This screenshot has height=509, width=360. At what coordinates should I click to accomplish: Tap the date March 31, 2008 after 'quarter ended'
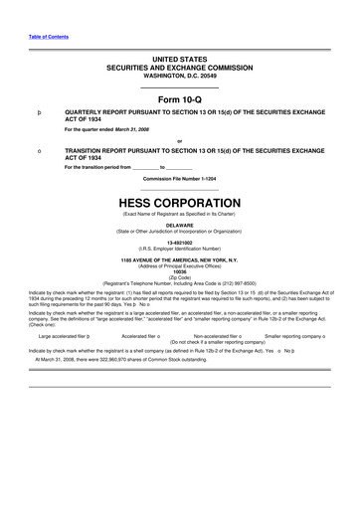pos(129,130)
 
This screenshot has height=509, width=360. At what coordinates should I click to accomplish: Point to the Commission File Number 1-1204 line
pos(179,178)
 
